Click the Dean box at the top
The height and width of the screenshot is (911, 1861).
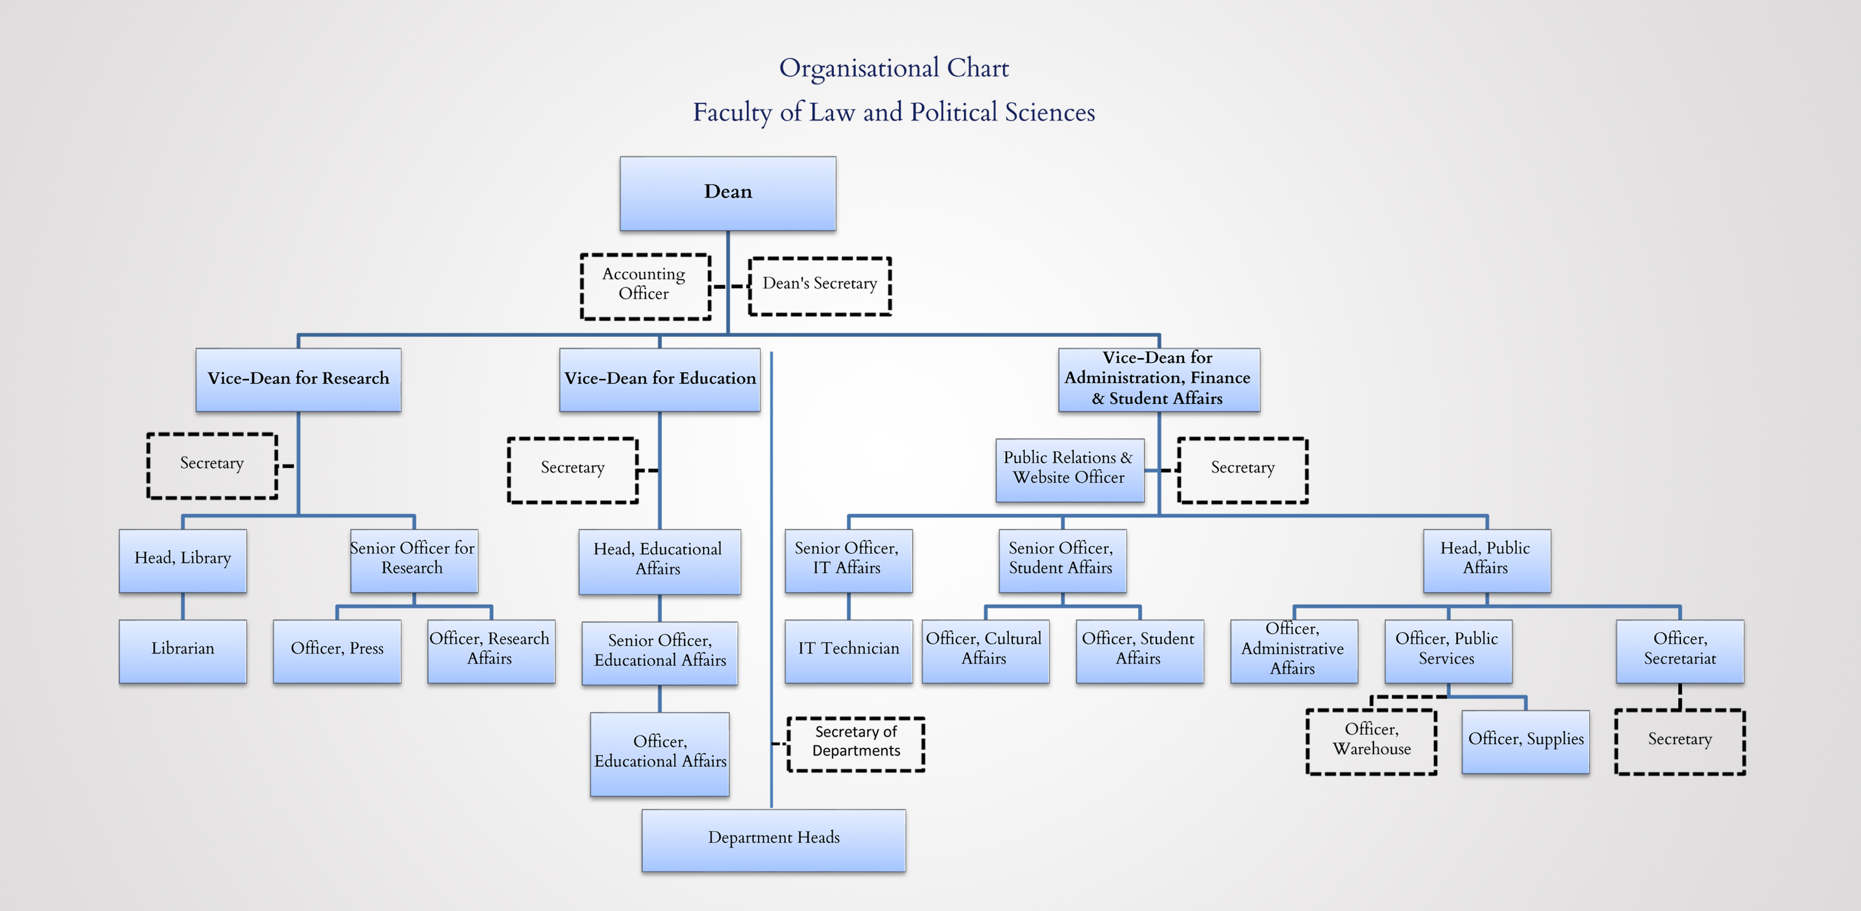pos(727,193)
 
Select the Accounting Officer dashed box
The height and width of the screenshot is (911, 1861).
pos(646,286)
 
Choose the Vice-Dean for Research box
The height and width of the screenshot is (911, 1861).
pos(298,380)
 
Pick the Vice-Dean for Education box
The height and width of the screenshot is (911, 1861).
pos(660,380)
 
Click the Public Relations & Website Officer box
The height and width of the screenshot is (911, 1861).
pos(1070,470)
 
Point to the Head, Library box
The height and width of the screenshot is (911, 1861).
pos(183,561)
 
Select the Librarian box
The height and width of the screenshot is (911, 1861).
pos(183,651)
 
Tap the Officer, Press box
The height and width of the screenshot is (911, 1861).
pos(337,651)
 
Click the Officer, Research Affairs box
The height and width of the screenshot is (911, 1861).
pos(491,651)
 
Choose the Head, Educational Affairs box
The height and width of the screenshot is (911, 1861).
pos(660,561)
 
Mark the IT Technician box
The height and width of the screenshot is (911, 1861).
pos(849,651)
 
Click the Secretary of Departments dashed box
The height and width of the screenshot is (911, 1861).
pos(856,744)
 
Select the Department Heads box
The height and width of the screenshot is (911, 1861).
pos(774,840)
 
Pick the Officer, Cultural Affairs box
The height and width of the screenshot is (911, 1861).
pos(985,651)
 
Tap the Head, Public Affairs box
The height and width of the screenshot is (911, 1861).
pos(1487,561)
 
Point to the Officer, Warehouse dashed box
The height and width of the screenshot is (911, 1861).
pos(1371,741)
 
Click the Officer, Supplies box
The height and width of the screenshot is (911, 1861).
pos(1526,741)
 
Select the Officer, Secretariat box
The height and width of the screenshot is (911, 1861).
pos(1680,651)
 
